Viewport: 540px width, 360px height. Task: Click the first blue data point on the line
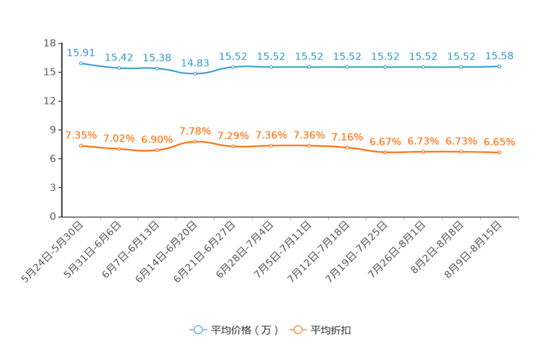[81, 63]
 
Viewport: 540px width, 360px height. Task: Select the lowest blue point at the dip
[195, 74]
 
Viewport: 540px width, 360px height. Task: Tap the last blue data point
[499, 67]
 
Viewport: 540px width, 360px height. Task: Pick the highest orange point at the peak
[195, 141]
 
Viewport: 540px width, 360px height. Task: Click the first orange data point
[81, 145]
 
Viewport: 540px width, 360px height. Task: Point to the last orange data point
[499, 152]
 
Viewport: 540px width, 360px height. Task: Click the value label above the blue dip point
[195, 63]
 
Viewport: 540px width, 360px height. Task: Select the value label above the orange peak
[195, 131]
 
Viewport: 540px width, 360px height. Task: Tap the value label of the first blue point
[81, 52]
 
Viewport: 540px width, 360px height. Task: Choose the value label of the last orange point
[499, 142]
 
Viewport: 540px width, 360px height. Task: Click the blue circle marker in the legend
[197, 330]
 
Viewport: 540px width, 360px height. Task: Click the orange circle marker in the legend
[297, 330]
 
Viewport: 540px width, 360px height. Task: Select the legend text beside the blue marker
[243, 330]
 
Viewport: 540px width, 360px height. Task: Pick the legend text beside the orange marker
[332, 330]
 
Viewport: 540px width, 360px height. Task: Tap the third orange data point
[157, 150]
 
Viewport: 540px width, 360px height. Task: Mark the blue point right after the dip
[233, 67]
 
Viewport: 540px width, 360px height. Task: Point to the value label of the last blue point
[499, 56]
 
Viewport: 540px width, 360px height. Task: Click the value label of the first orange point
[81, 135]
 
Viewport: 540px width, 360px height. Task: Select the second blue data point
[118, 68]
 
